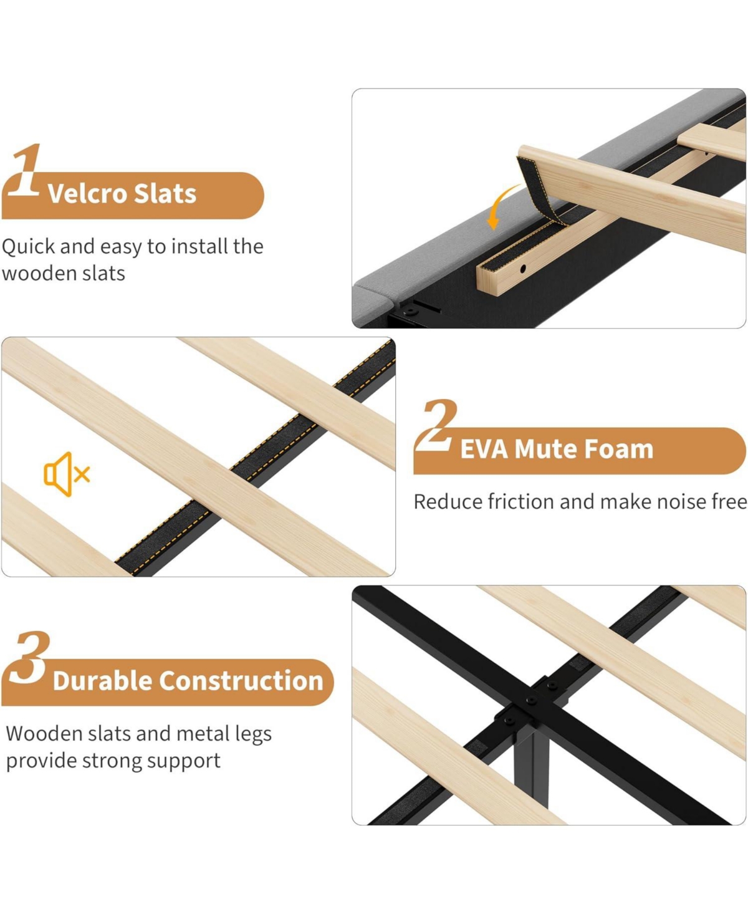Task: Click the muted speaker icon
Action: pyautogui.click(x=67, y=474)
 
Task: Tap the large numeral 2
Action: pyautogui.click(x=437, y=425)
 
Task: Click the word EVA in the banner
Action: pyautogui.click(x=484, y=449)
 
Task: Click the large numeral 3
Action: pyautogui.click(x=29, y=658)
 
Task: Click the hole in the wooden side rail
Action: pyautogui.click(x=522, y=269)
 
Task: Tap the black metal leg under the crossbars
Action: pyautogui.click(x=532, y=766)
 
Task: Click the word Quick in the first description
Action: pyautogui.click(x=29, y=247)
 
